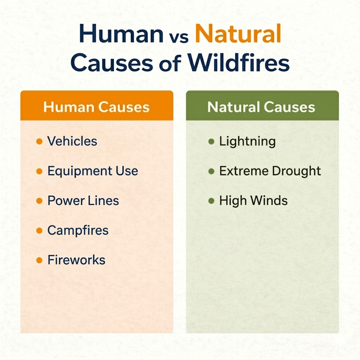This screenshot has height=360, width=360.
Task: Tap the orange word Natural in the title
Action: (x=238, y=35)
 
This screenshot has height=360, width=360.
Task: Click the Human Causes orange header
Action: (x=96, y=107)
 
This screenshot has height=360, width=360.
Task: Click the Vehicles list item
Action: (x=72, y=141)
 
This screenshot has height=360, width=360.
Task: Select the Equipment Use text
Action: (x=92, y=171)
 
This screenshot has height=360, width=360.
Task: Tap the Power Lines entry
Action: (x=83, y=201)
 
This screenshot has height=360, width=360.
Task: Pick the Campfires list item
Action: (x=78, y=231)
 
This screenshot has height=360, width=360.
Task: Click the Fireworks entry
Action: (x=76, y=260)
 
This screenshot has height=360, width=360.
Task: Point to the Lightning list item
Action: (x=247, y=142)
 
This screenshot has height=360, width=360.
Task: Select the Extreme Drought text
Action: (x=270, y=171)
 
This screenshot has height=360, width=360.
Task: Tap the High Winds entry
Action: (x=253, y=201)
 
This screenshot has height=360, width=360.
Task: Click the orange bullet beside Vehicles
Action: (x=39, y=142)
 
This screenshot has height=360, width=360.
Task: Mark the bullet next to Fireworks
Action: (x=39, y=261)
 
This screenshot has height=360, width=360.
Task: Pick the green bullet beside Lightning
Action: (x=211, y=142)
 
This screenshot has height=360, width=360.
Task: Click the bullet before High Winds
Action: (x=211, y=201)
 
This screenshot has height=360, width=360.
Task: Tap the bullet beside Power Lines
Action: (x=39, y=201)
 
